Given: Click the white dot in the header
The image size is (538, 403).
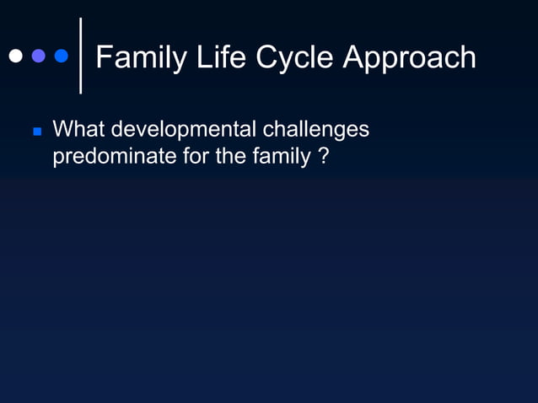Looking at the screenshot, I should pos(15,56).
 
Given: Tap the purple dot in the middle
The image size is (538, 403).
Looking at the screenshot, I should pos(38,56).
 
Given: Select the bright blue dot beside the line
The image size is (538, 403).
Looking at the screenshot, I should pos(61,56).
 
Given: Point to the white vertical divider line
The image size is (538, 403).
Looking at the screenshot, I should pos(80,56).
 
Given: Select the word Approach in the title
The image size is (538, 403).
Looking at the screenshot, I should pos(412,57).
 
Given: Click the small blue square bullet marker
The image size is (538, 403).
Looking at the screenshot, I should pos(36,132).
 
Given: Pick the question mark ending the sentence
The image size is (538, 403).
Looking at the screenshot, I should pos(324,157).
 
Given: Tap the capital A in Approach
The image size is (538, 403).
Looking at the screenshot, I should pos(354,57).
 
